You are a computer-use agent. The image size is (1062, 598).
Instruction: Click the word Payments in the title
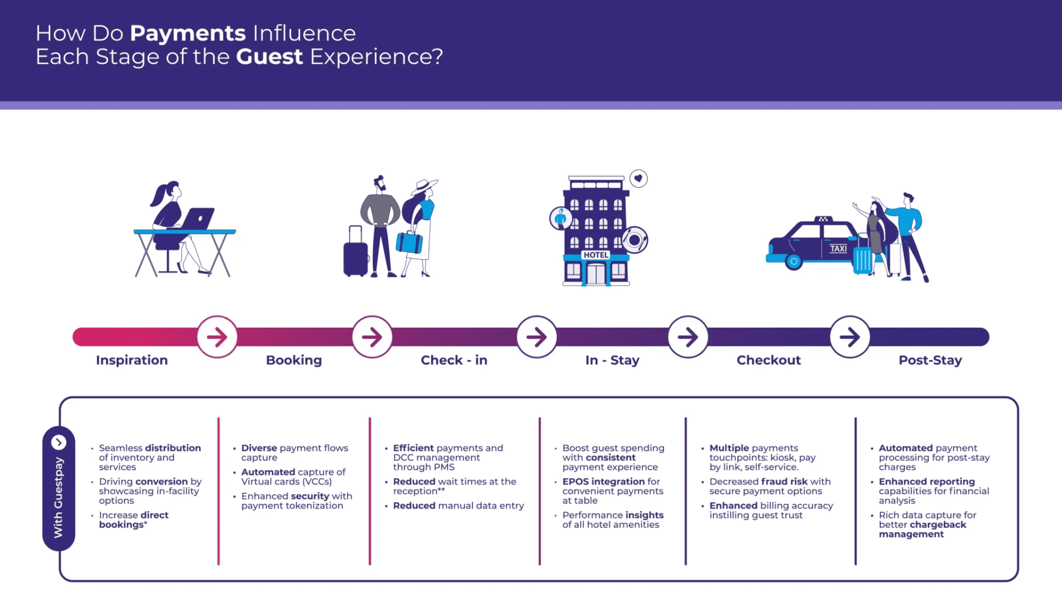click(188, 34)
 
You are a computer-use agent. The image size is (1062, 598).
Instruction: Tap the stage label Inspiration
click(132, 360)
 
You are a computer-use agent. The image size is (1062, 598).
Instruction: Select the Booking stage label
click(294, 360)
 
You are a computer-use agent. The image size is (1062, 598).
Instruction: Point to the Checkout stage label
click(768, 360)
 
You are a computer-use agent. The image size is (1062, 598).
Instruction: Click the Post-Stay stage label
click(930, 360)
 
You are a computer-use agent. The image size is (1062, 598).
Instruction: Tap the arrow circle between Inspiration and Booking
click(217, 337)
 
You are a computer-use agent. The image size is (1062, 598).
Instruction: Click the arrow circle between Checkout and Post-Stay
click(850, 337)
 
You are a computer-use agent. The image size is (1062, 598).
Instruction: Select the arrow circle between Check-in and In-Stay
click(537, 337)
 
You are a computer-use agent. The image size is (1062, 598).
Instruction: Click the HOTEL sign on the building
click(596, 255)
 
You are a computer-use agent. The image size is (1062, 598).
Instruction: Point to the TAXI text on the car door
click(838, 249)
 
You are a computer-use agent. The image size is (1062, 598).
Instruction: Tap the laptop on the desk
click(198, 219)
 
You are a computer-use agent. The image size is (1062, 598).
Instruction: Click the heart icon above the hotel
click(638, 178)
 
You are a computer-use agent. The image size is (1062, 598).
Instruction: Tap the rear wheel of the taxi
click(794, 261)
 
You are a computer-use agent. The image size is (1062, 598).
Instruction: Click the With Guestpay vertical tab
click(59, 488)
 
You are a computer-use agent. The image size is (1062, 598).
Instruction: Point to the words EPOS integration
click(603, 482)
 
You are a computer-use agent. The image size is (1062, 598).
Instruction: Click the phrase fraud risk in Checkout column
click(784, 482)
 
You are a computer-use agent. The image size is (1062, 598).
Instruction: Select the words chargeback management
click(922, 529)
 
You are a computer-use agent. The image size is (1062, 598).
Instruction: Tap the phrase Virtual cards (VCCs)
click(287, 482)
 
